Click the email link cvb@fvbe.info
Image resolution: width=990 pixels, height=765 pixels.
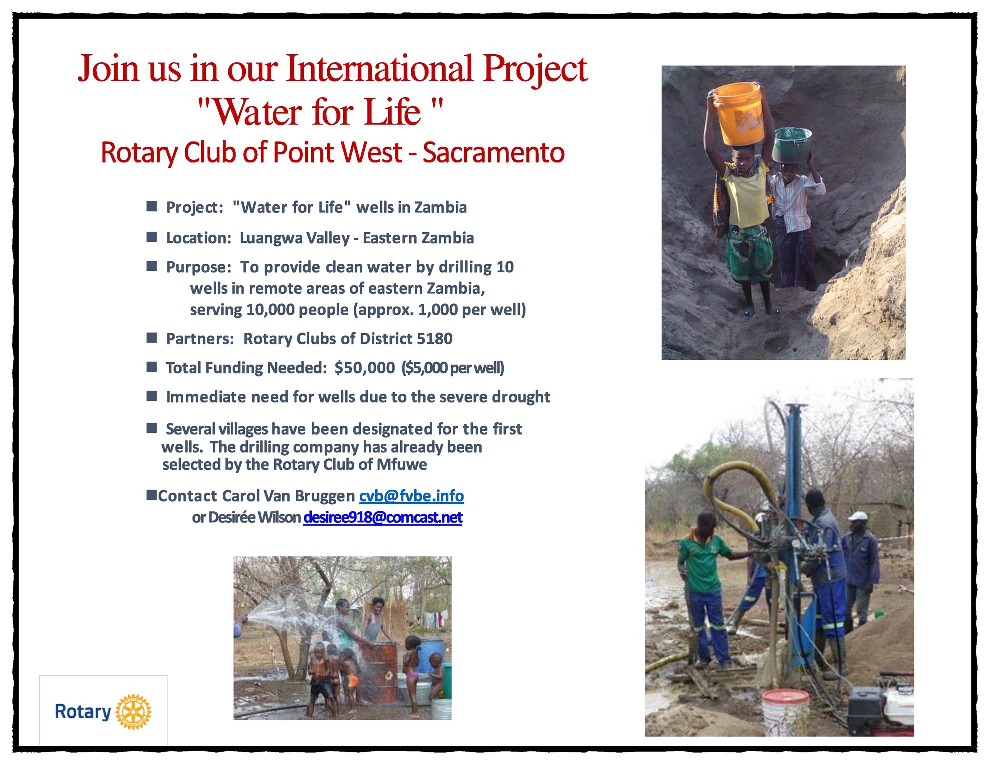[412, 496]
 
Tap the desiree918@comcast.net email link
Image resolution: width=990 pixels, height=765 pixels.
[383, 517]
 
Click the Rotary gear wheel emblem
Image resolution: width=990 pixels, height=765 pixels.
[133, 711]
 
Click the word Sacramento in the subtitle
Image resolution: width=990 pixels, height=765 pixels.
[494, 153]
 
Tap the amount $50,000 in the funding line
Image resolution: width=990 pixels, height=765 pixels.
[365, 368]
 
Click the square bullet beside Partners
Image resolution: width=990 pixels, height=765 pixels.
[152, 338]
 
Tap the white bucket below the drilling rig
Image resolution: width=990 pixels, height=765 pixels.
[786, 712]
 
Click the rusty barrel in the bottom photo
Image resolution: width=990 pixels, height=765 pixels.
[379, 671]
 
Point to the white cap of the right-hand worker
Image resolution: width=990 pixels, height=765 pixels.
[856, 516]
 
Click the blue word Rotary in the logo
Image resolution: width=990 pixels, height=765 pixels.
[83, 712]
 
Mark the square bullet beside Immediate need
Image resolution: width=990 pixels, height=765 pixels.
[152, 396]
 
